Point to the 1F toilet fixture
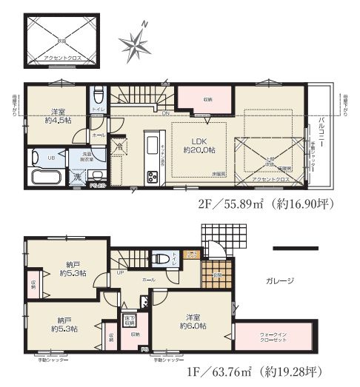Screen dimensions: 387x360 coord(159,259)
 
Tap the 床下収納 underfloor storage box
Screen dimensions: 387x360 coord(128,319)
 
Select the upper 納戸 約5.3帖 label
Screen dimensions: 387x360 coord(73,269)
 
